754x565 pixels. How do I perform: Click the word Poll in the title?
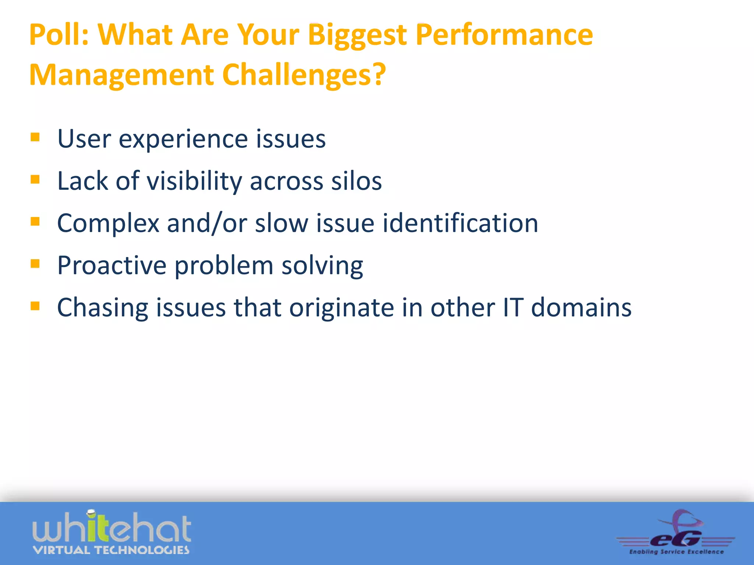tap(58, 35)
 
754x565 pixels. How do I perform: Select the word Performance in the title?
tap(504, 35)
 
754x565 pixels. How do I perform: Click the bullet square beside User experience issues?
tap(35, 137)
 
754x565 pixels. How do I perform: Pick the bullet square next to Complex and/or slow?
tap(35, 221)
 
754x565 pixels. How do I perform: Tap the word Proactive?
tap(112, 266)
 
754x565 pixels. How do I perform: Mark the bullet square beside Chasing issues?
tap(35, 306)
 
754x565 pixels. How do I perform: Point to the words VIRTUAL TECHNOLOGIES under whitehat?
tap(111, 550)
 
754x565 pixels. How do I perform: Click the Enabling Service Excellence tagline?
tap(676, 552)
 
